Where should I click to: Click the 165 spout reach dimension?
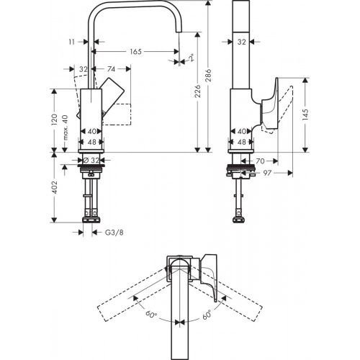pos(136,51)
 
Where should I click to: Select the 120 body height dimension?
pos(55,118)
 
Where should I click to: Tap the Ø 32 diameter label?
pos(91,160)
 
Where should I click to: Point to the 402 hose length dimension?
pos(55,189)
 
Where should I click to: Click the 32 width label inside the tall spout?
pos(243,42)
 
